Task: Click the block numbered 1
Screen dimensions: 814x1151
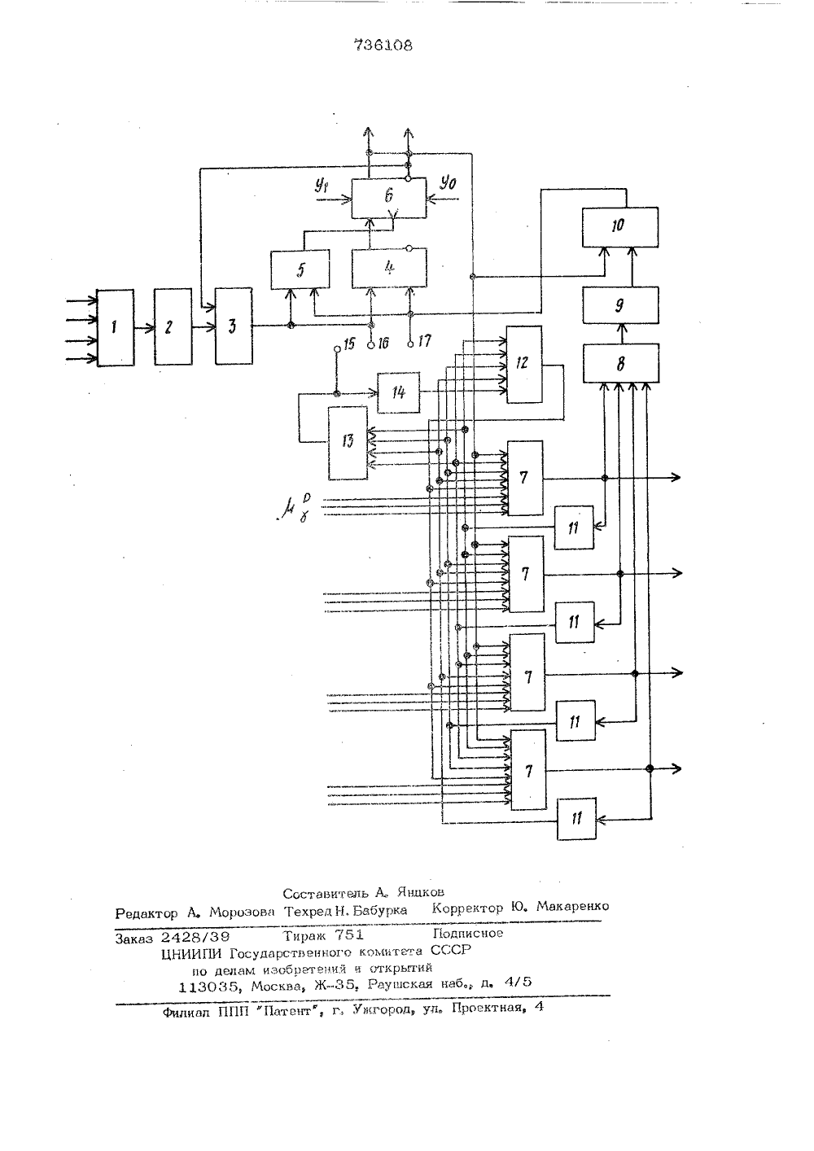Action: pos(116,327)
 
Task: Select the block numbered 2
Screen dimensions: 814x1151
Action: pos(173,326)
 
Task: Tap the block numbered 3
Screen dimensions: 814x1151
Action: pos(234,326)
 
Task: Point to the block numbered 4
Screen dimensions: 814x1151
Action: pos(389,268)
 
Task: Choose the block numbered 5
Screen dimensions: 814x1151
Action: pos(300,269)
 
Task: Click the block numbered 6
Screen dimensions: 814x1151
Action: pos(389,198)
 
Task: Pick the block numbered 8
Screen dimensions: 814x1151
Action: pos(621,363)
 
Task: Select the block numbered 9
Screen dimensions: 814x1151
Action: pos(620,305)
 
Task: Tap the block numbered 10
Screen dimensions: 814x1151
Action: pos(619,226)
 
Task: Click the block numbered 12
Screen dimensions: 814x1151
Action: pos(524,365)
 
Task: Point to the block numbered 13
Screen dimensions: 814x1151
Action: pos(348,443)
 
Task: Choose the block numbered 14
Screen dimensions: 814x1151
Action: pos(398,392)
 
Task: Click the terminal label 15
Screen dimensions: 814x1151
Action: pos(349,344)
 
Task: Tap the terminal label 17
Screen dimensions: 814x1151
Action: pos(424,341)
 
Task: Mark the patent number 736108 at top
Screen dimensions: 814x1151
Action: pos(383,46)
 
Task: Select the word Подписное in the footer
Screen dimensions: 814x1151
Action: pos(467,933)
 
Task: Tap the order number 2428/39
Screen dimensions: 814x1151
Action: pos(195,937)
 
